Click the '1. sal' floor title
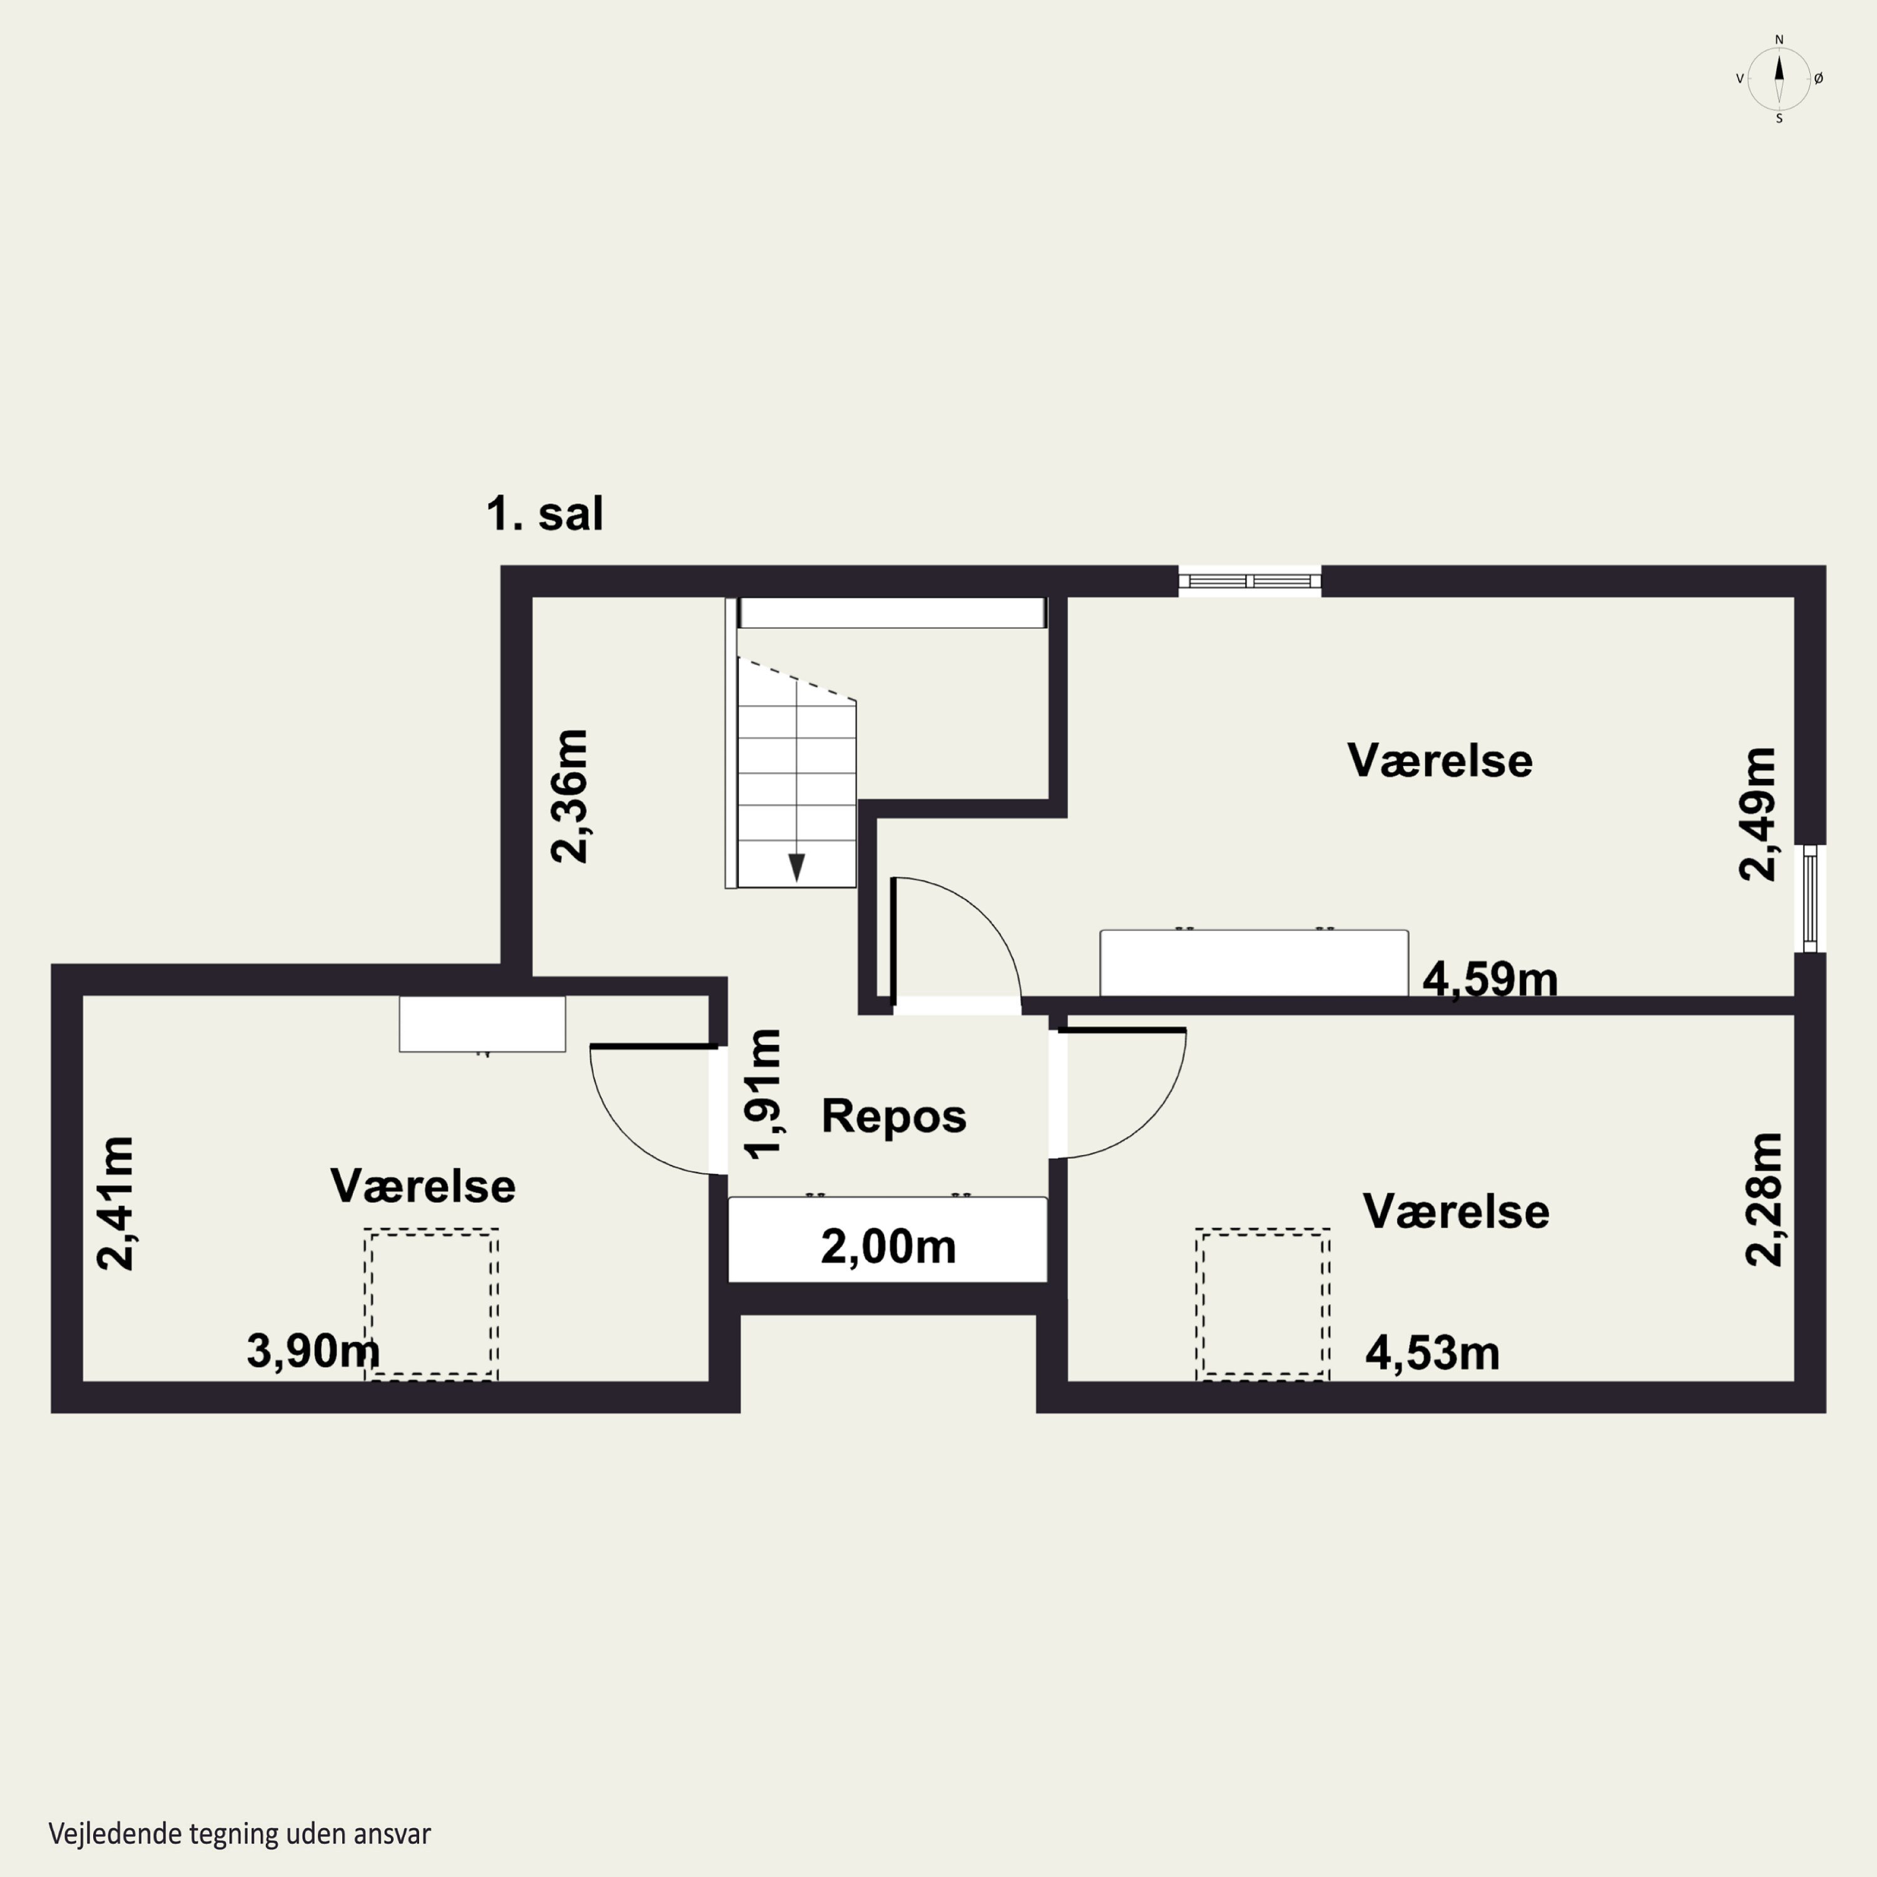coord(544,513)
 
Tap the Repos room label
coord(894,1116)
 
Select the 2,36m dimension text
coord(569,796)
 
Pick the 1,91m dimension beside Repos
coord(763,1094)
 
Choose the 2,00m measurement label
coord(888,1246)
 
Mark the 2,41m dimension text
coord(116,1203)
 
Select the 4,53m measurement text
coord(1432,1352)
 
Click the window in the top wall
coord(1249,581)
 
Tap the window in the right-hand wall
coord(1809,898)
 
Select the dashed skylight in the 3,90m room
coord(431,1304)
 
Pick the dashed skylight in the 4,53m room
coord(1263,1304)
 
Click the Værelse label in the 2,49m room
coord(1440,761)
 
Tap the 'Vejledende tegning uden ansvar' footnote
coord(239,1833)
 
